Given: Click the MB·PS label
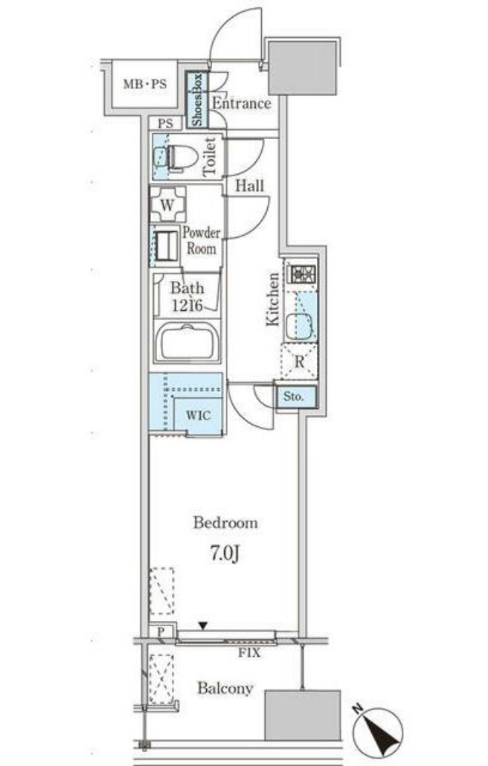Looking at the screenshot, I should [146, 83].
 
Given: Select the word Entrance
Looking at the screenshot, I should [241, 103].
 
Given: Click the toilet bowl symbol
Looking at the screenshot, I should [179, 157].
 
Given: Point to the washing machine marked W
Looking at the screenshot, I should [167, 204].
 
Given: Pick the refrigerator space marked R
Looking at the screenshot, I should [299, 363].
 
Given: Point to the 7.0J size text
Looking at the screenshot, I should [225, 554].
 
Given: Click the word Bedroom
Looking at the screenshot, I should [225, 523].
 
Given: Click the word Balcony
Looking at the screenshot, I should [225, 689].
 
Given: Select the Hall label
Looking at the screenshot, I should [250, 187].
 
